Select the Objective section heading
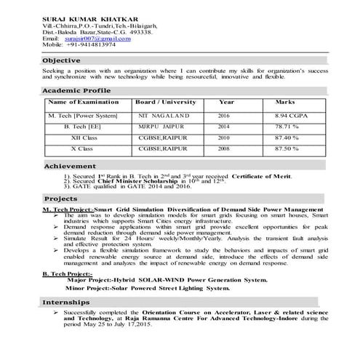[62, 60]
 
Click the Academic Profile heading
[76, 90]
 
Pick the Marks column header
[285, 102]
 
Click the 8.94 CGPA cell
[285, 116]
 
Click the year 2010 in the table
[223, 137]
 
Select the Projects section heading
[60, 198]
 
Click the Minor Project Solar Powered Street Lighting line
[158, 288]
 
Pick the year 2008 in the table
[223, 148]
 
